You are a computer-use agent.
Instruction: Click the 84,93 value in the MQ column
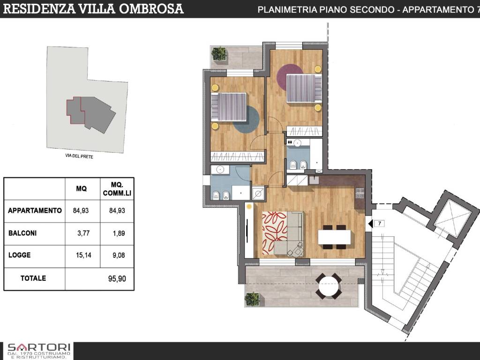click(x=81, y=210)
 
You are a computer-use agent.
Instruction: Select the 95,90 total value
click(x=117, y=279)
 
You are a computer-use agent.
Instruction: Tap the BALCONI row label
click(x=22, y=233)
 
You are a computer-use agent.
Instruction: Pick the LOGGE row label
click(x=19, y=255)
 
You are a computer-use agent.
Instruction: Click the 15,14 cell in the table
click(x=83, y=255)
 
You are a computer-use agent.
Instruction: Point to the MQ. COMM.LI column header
click(x=117, y=189)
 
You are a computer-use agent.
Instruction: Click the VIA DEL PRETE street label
click(x=79, y=156)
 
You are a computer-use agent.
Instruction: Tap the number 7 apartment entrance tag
click(x=380, y=224)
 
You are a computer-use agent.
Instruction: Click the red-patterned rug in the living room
click(x=275, y=233)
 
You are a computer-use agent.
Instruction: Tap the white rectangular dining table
click(x=334, y=237)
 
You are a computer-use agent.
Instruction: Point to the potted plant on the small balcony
click(x=219, y=53)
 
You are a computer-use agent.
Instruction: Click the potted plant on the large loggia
click(x=253, y=299)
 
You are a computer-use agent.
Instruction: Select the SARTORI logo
click(x=39, y=351)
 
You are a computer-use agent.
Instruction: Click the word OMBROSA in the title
click(x=151, y=8)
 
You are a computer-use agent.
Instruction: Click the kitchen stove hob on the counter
click(x=360, y=193)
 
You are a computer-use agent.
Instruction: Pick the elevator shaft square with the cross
click(x=451, y=215)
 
